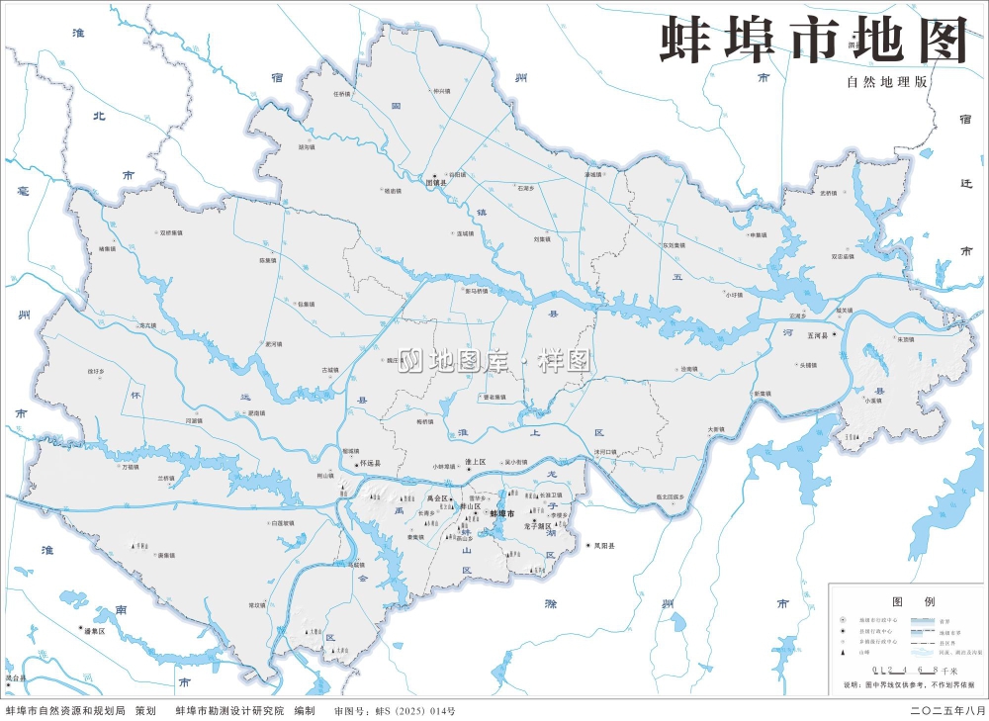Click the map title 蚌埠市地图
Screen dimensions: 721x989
pyautogui.click(x=813, y=41)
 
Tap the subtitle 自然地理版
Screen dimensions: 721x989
pyautogui.click(x=886, y=83)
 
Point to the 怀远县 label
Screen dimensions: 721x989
pyautogui.click(x=369, y=463)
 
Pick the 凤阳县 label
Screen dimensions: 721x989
pyautogui.click(x=603, y=546)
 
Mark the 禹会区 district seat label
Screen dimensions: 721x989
pyautogui.click(x=438, y=498)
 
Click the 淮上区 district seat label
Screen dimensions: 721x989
pyautogui.click(x=476, y=462)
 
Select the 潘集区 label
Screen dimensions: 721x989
pyautogui.click(x=95, y=630)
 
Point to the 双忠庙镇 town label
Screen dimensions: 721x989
pyautogui.click(x=843, y=256)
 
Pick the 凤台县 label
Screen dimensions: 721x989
pyautogui.click(x=14, y=678)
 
